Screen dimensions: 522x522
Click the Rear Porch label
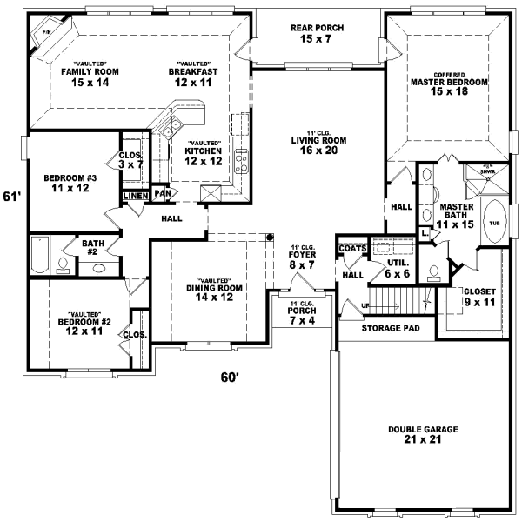(x=318, y=34)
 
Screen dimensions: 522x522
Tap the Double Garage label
(x=424, y=435)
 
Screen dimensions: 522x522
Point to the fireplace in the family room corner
(x=41, y=37)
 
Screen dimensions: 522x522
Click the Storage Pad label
(x=391, y=328)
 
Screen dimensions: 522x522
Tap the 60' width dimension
(x=229, y=377)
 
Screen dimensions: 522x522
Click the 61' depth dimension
(x=10, y=196)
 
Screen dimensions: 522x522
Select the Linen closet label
(x=135, y=196)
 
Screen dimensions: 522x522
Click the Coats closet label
(x=352, y=248)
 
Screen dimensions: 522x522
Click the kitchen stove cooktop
(x=241, y=159)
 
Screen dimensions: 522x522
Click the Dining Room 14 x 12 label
(x=214, y=293)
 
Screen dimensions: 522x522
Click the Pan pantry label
(x=161, y=193)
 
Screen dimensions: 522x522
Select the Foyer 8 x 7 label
(x=302, y=258)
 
